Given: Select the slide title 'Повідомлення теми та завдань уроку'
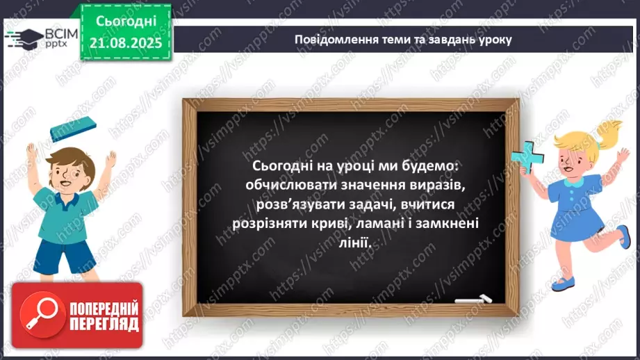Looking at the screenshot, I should (x=403, y=40).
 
